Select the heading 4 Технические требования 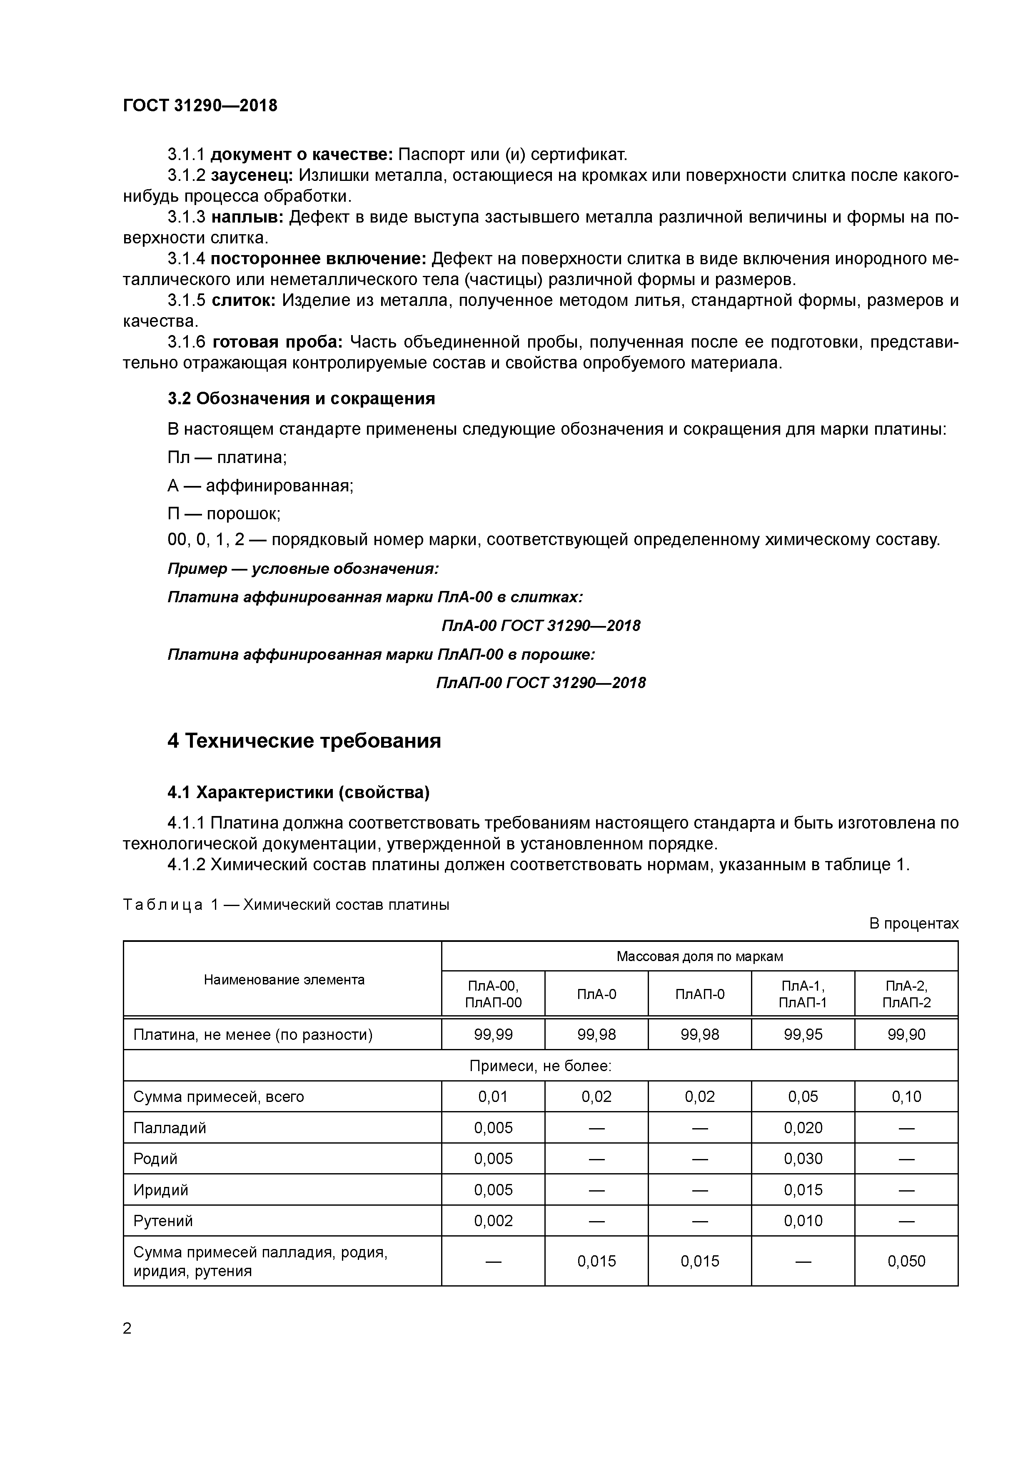pos(304,741)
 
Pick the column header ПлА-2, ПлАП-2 pos(906,994)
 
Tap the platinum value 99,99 pos(493,1035)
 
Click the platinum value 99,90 pos(906,1035)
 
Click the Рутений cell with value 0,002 pos(493,1221)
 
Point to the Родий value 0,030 pos(803,1159)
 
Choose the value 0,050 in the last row pos(906,1262)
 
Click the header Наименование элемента pos(284,980)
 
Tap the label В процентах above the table pos(913,924)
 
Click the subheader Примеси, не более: pos(540,1066)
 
